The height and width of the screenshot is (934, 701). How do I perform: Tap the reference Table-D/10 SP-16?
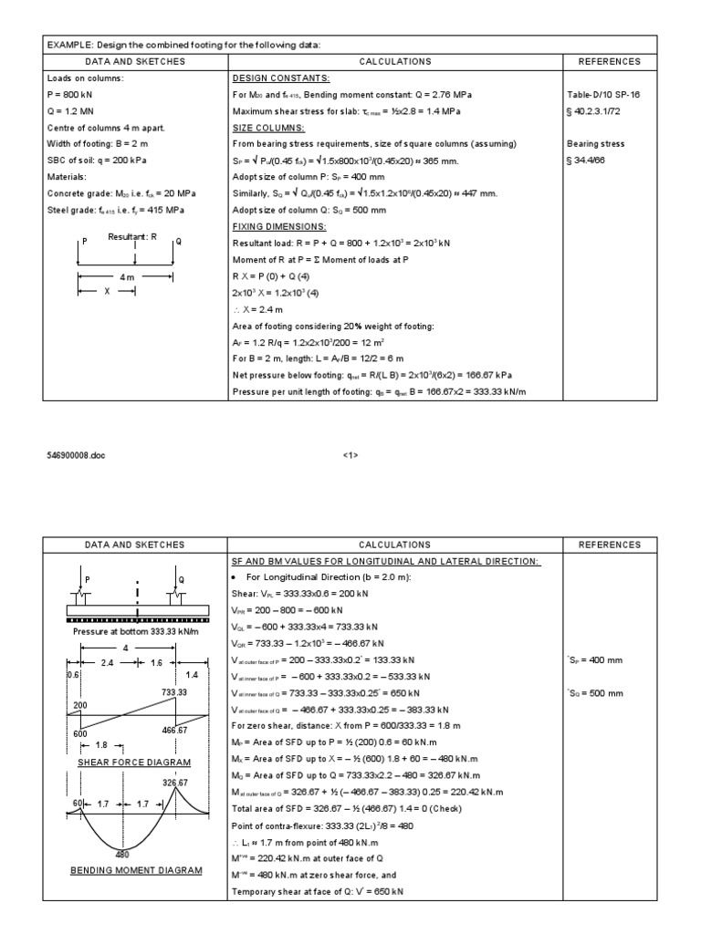[605, 94]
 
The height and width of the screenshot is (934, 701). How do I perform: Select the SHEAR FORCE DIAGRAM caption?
[135, 762]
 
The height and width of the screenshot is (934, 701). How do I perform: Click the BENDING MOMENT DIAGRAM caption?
[136, 871]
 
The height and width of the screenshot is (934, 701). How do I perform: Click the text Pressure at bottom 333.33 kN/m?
[135, 630]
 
